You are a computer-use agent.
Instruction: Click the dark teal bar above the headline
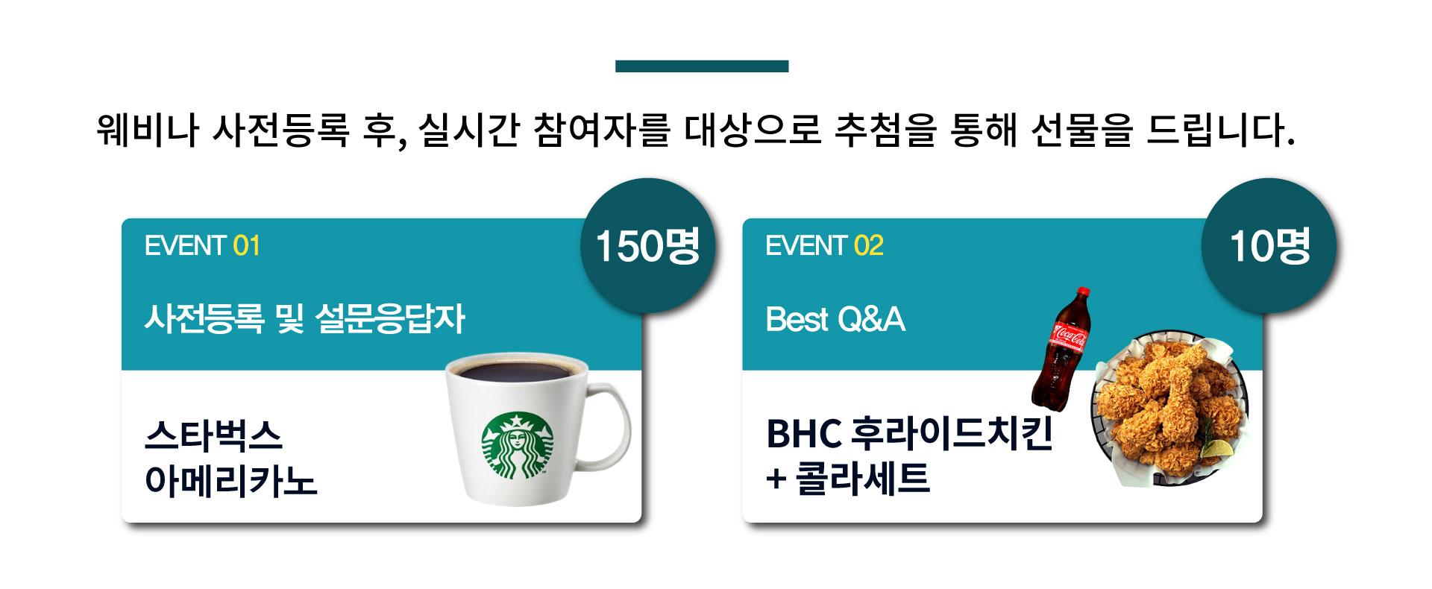click(702, 66)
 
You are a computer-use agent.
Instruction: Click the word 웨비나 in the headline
click(148, 130)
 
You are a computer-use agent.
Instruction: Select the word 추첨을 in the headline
click(885, 130)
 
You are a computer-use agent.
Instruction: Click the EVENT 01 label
click(202, 246)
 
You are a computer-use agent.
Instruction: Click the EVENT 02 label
click(824, 246)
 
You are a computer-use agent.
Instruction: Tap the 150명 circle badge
click(647, 245)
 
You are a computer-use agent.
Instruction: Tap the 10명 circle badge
click(1269, 245)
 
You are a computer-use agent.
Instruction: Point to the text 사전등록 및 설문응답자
click(305, 319)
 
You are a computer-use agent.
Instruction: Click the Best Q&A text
click(835, 320)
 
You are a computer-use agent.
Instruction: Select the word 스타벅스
click(213, 435)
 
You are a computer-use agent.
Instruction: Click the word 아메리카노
click(231, 481)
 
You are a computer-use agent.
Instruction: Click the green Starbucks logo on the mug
click(518, 445)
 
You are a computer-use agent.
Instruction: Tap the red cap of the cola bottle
click(1084, 292)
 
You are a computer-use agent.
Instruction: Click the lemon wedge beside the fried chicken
click(1216, 449)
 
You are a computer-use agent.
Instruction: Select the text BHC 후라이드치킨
click(910, 433)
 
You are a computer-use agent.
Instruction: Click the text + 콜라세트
click(848, 478)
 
